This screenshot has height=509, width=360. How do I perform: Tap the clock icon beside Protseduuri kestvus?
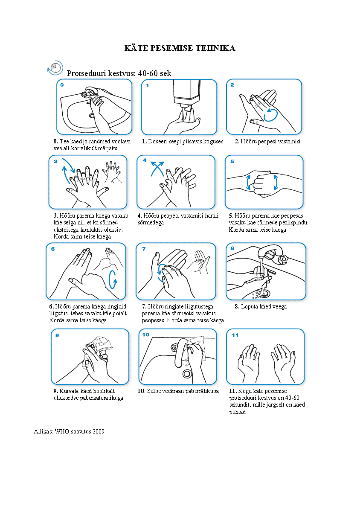click(x=55, y=68)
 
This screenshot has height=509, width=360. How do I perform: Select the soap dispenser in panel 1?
click(x=186, y=94)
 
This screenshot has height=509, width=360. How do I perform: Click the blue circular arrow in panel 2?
click(x=270, y=115)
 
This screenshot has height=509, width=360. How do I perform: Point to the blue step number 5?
click(x=232, y=161)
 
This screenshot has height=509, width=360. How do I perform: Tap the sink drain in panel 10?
click(x=187, y=374)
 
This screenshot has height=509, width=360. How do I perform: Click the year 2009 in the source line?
click(x=99, y=431)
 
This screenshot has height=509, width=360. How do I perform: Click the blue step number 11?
click(x=235, y=335)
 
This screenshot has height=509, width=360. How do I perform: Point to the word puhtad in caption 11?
click(x=237, y=412)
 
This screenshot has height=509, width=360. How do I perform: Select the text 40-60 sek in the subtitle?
click(x=154, y=73)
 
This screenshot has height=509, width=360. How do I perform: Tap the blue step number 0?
click(x=62, y=85)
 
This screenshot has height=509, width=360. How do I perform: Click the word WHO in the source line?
click(x=62, y=431)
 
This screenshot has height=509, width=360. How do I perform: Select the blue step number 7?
click(x=144, y=249)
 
